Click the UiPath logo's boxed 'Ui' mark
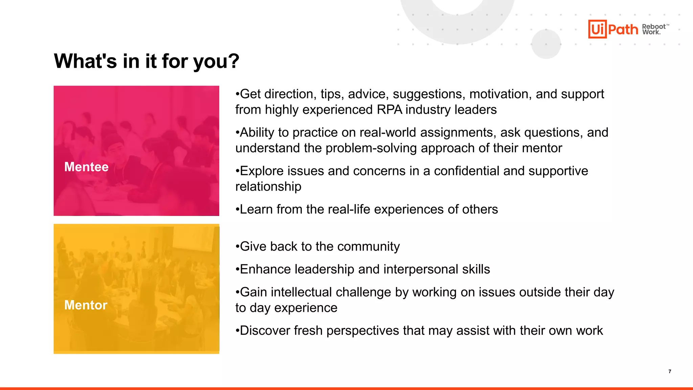click(597, 29)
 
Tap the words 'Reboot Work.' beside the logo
click(654, 29)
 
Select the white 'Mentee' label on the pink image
click(86, 167)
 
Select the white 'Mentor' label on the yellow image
click(86, 305)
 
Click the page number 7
click(670, 371)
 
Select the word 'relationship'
click(268, 187)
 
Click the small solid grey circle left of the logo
click(546, 44)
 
